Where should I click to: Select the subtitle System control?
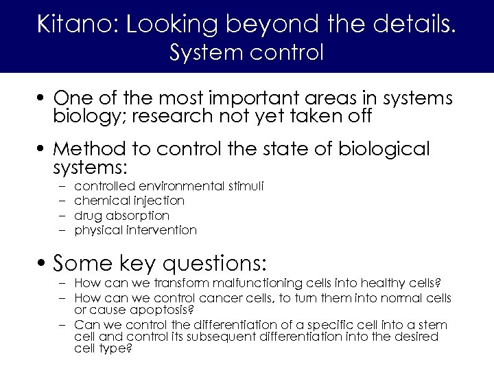click(x=246, y=52)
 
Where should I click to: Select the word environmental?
click(x=181, y=186)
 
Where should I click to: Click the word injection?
click(x=159, y=201)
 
